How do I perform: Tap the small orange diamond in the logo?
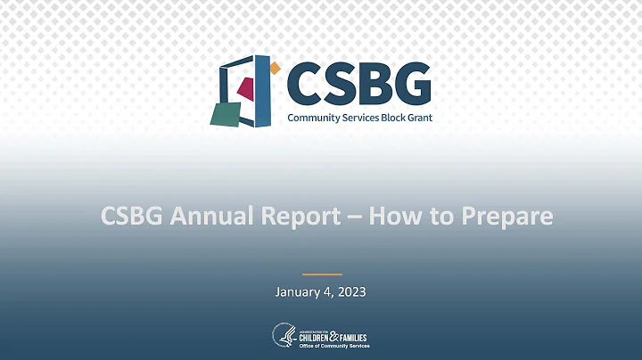[x=276, y=68]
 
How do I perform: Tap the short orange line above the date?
[x=322, y=274]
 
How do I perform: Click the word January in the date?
[x=299, y=291]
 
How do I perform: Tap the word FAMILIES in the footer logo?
[x=350, y=337]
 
